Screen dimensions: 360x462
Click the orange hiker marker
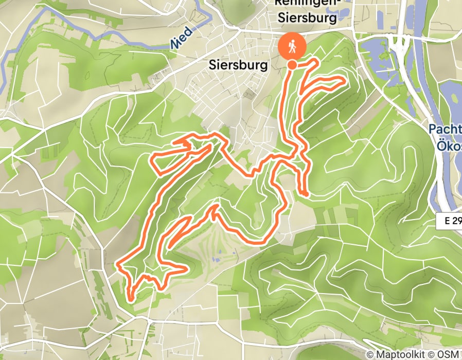click(x=292, y=47)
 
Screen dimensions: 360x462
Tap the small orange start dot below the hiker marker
click(x=292, y=65)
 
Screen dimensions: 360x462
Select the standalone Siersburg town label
click(x=239, y=65)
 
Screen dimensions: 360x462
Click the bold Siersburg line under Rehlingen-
click(x=307, y=18)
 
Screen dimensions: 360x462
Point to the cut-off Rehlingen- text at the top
click(x=307, y=3)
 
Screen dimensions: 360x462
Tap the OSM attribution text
click(x=451, y=354)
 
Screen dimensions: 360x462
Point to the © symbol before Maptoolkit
click(x=370, y=354)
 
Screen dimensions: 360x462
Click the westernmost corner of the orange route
click(x=118, y=265)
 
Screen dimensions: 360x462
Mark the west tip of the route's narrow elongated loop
click(x=151, y=159)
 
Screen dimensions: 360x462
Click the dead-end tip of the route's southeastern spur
click(x=307, y=194)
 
